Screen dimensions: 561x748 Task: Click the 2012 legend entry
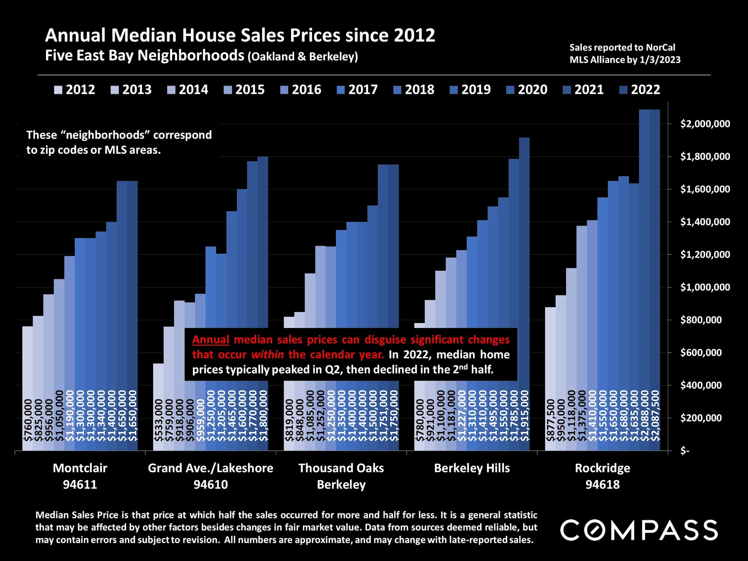pyautogui.click(x=74, y=90)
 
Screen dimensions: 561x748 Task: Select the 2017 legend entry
pyautogui.click(x=357, y=90)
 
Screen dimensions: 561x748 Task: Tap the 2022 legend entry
pyautogui.click(x=640, y=90)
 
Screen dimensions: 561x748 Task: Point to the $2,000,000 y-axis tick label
pyautogui.click(x=705, y=124)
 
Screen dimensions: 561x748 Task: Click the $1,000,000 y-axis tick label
pyautogui.click(x=705, y=287)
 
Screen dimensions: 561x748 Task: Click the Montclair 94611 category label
pyautogui.click(x=80, y=476)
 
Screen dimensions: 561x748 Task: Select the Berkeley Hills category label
pyautogui.click(x=472, y=468)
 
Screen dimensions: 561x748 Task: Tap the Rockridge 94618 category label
pyautogui.click(x=602, y=476)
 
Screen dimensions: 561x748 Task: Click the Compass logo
pyautogui.click(x=639, y=530)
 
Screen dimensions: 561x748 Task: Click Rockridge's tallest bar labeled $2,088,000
pyautogui.click(x=644, y=273)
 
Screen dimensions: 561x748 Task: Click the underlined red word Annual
pyautogui.click(x=210, y=340)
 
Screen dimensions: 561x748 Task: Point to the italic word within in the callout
pyautogui.click(x=267, y=355)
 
